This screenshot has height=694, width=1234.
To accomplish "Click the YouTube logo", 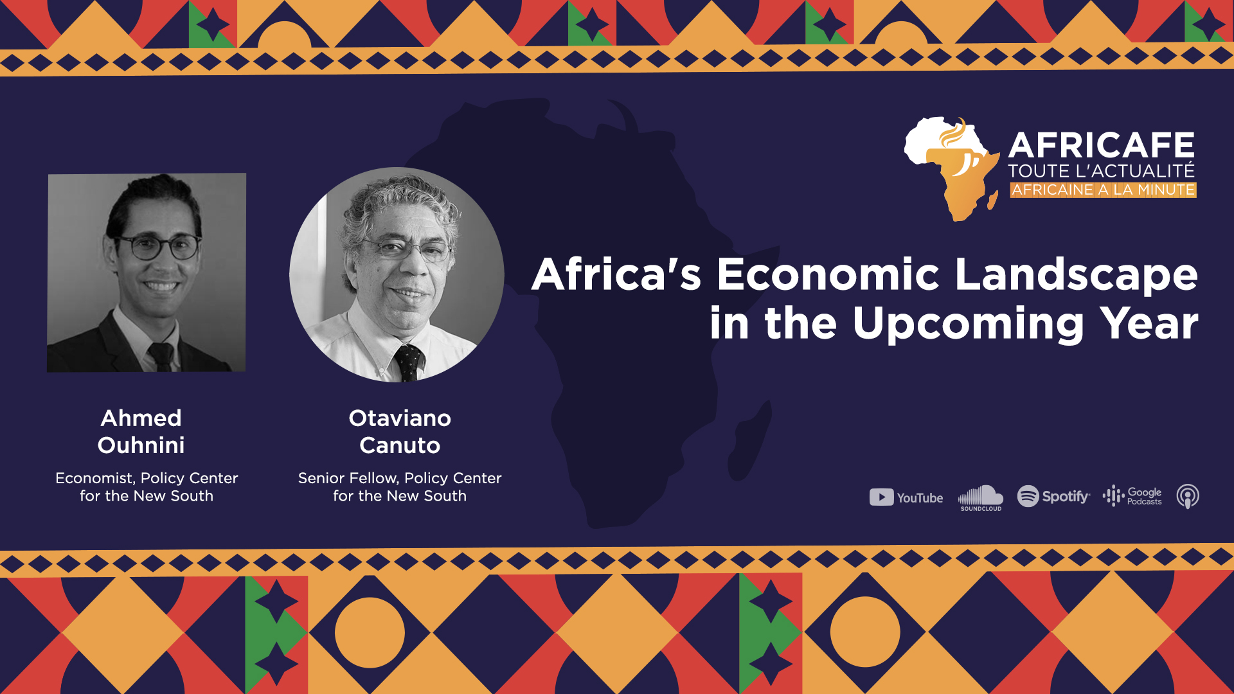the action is pyautogui.click(x=906, y=497).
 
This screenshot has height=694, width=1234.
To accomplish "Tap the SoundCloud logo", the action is pyautogui.click(x=981, y=498).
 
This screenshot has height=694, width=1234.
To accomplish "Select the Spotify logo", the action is pyautogui.click(x=1053, y=496).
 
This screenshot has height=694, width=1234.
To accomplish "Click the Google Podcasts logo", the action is pyautogui.click(x=1132, y=496).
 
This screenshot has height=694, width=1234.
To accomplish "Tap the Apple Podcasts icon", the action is pyautogui.click(x=1188, y=496).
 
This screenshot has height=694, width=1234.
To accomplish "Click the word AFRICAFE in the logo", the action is pyautogui.click(x=1102, y=145).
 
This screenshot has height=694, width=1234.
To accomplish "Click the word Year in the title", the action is pyautogui.click(x=1149, y=323).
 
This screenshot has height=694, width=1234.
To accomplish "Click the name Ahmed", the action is pyautogui.click(x=141, y=418).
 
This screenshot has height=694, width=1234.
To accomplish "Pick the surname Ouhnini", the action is pyautogui.click(x=141, y=445).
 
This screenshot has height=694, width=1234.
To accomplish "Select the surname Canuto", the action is pyautogui.click(x=400, y=445).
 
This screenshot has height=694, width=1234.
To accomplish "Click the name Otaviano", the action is pyautogui.click(x=400, y=418).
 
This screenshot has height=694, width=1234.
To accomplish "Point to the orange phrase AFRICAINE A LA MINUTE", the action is pyautogui.click(x=1103, y=190).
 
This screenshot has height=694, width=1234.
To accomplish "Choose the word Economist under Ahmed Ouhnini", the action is pyautogui.click(x=95, y=479).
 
